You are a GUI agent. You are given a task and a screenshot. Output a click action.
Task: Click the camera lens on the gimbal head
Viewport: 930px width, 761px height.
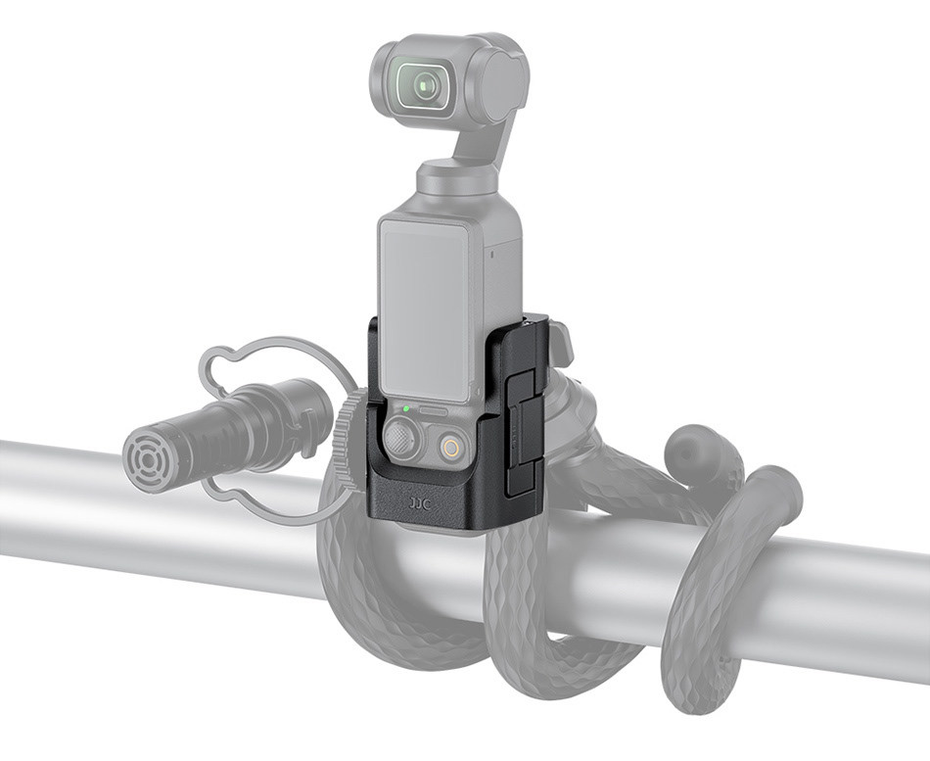coord(424,86)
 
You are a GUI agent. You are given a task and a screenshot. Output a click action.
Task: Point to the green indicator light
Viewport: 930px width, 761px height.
coord(405,408)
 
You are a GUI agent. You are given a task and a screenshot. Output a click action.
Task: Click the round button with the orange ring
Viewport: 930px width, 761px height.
coord(451,448)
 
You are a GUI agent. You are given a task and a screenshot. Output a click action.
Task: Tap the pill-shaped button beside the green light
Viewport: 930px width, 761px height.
coord(432,411)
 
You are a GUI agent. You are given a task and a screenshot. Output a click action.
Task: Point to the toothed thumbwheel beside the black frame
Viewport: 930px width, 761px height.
coord(348,440)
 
